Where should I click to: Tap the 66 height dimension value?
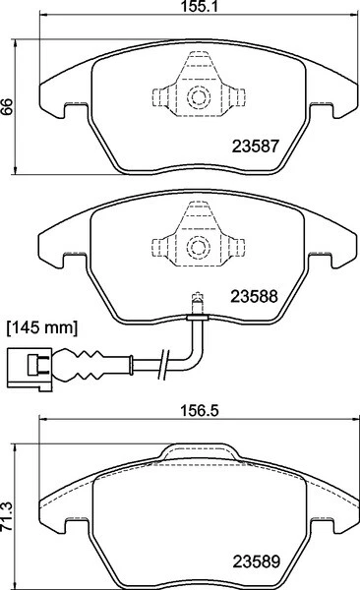[x=8, y=109]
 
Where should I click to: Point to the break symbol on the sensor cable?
[x=169, y=361]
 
